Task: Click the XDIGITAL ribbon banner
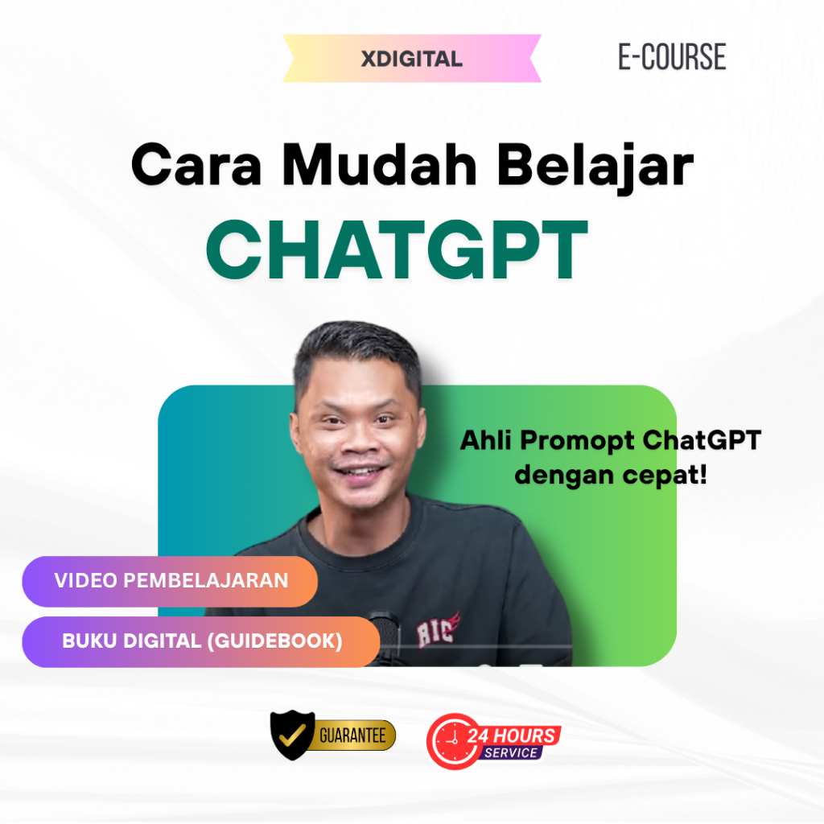(411, 59)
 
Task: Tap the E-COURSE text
(672, 57)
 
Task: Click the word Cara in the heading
(197, 166)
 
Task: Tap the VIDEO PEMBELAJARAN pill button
(170, 581)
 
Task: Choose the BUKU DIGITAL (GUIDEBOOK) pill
(201, 641)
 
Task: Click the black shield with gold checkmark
(292, 735)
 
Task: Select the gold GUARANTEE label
(357, 735)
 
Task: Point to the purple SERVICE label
(512, 753)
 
